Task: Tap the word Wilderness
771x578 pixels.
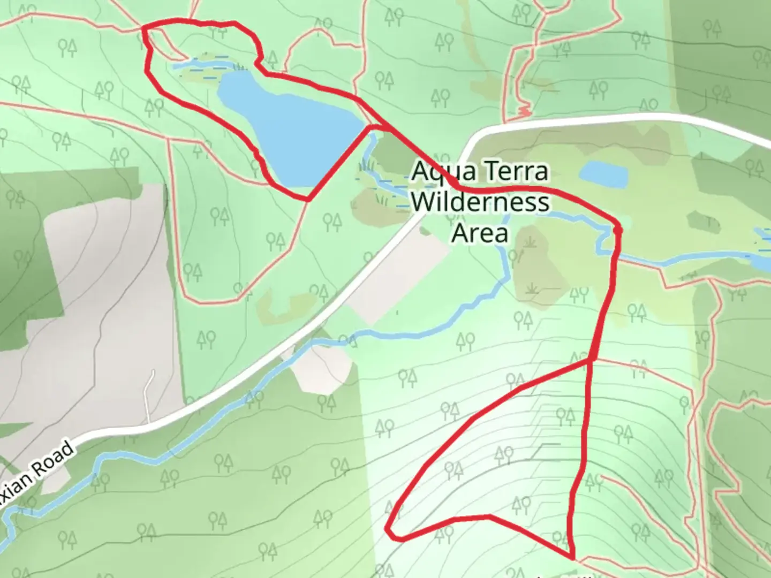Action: pyautogui.click(x=481, y=203)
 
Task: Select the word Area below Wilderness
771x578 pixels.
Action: pyautogui.click(x=480, y=233)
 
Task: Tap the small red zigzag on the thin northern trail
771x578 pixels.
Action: pyautogui.click(x=523, y=112)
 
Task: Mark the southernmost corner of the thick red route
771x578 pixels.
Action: pyautogui.click(x=572, y=557)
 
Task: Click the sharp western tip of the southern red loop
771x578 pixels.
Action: pyautogui.click(x=388, y=530)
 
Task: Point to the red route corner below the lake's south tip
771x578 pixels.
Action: pyautogui.click(x=308, y=200)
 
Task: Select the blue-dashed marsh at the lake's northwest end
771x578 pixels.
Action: pyautogui.click(x=206, y=67)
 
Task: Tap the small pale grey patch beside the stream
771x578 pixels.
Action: pyautogui.click(x=321, y=369)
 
